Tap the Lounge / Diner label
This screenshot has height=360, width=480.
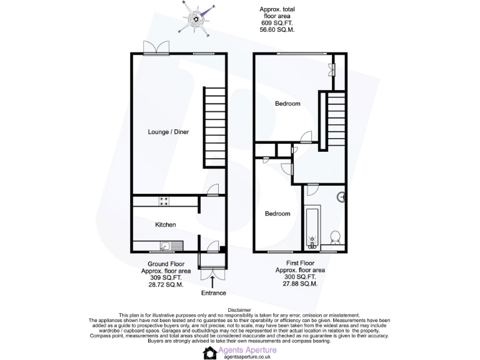168,132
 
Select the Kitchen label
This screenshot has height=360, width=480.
166,224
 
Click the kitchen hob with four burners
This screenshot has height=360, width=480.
165,201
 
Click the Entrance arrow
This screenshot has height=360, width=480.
213,283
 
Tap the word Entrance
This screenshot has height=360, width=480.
213,292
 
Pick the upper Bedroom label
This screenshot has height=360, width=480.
288,104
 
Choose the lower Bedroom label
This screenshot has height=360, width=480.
277,214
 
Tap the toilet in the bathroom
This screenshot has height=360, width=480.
334,237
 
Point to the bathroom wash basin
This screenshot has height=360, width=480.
342,198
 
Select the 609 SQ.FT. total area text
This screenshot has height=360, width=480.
277,23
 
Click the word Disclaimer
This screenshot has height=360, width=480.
239,310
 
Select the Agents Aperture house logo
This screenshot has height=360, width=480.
210,352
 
